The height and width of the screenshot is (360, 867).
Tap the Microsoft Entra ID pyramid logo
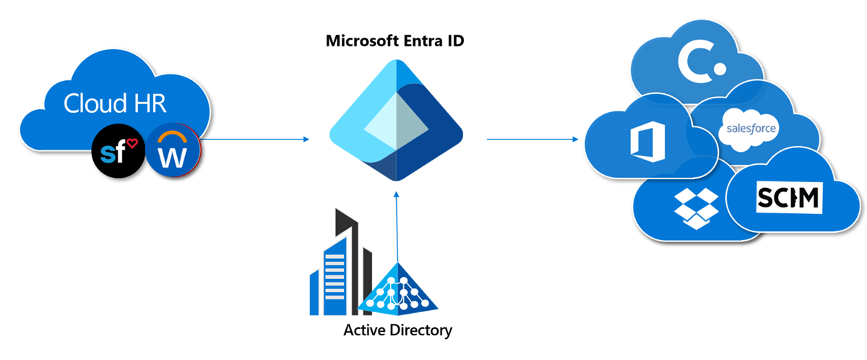click(x=395, y=120)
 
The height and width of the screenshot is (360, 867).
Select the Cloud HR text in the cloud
click(x=116, y=103)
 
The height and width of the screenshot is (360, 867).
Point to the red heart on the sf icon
click(x=132, y=143)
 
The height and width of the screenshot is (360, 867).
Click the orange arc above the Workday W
click(x=172, y=137)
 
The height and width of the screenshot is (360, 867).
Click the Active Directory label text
click(x=397, y=331)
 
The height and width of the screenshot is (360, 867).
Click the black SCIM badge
click(x=788, y=195)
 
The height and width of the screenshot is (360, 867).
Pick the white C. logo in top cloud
click(x=701, y=60)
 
